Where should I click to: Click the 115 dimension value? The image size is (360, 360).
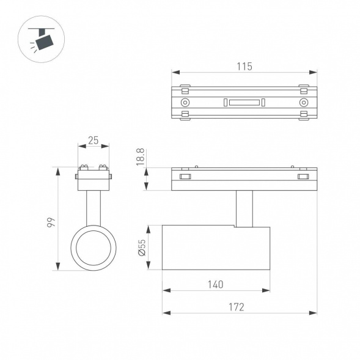point(244,66)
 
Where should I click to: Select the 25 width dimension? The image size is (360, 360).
point(93,140)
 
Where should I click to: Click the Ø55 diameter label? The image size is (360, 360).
point(141,247)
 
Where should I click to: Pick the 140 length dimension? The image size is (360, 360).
point(215,284)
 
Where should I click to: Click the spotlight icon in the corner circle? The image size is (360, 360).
point(42,38)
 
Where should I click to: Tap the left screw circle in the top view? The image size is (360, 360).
point(185,102)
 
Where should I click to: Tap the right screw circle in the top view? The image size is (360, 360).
point(304,102)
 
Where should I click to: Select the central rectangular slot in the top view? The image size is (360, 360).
point(244,102)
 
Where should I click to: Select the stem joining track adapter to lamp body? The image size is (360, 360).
point(244,208)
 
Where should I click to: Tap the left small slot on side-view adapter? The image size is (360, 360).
point(185,177)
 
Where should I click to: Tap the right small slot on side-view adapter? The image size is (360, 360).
point(303,177)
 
